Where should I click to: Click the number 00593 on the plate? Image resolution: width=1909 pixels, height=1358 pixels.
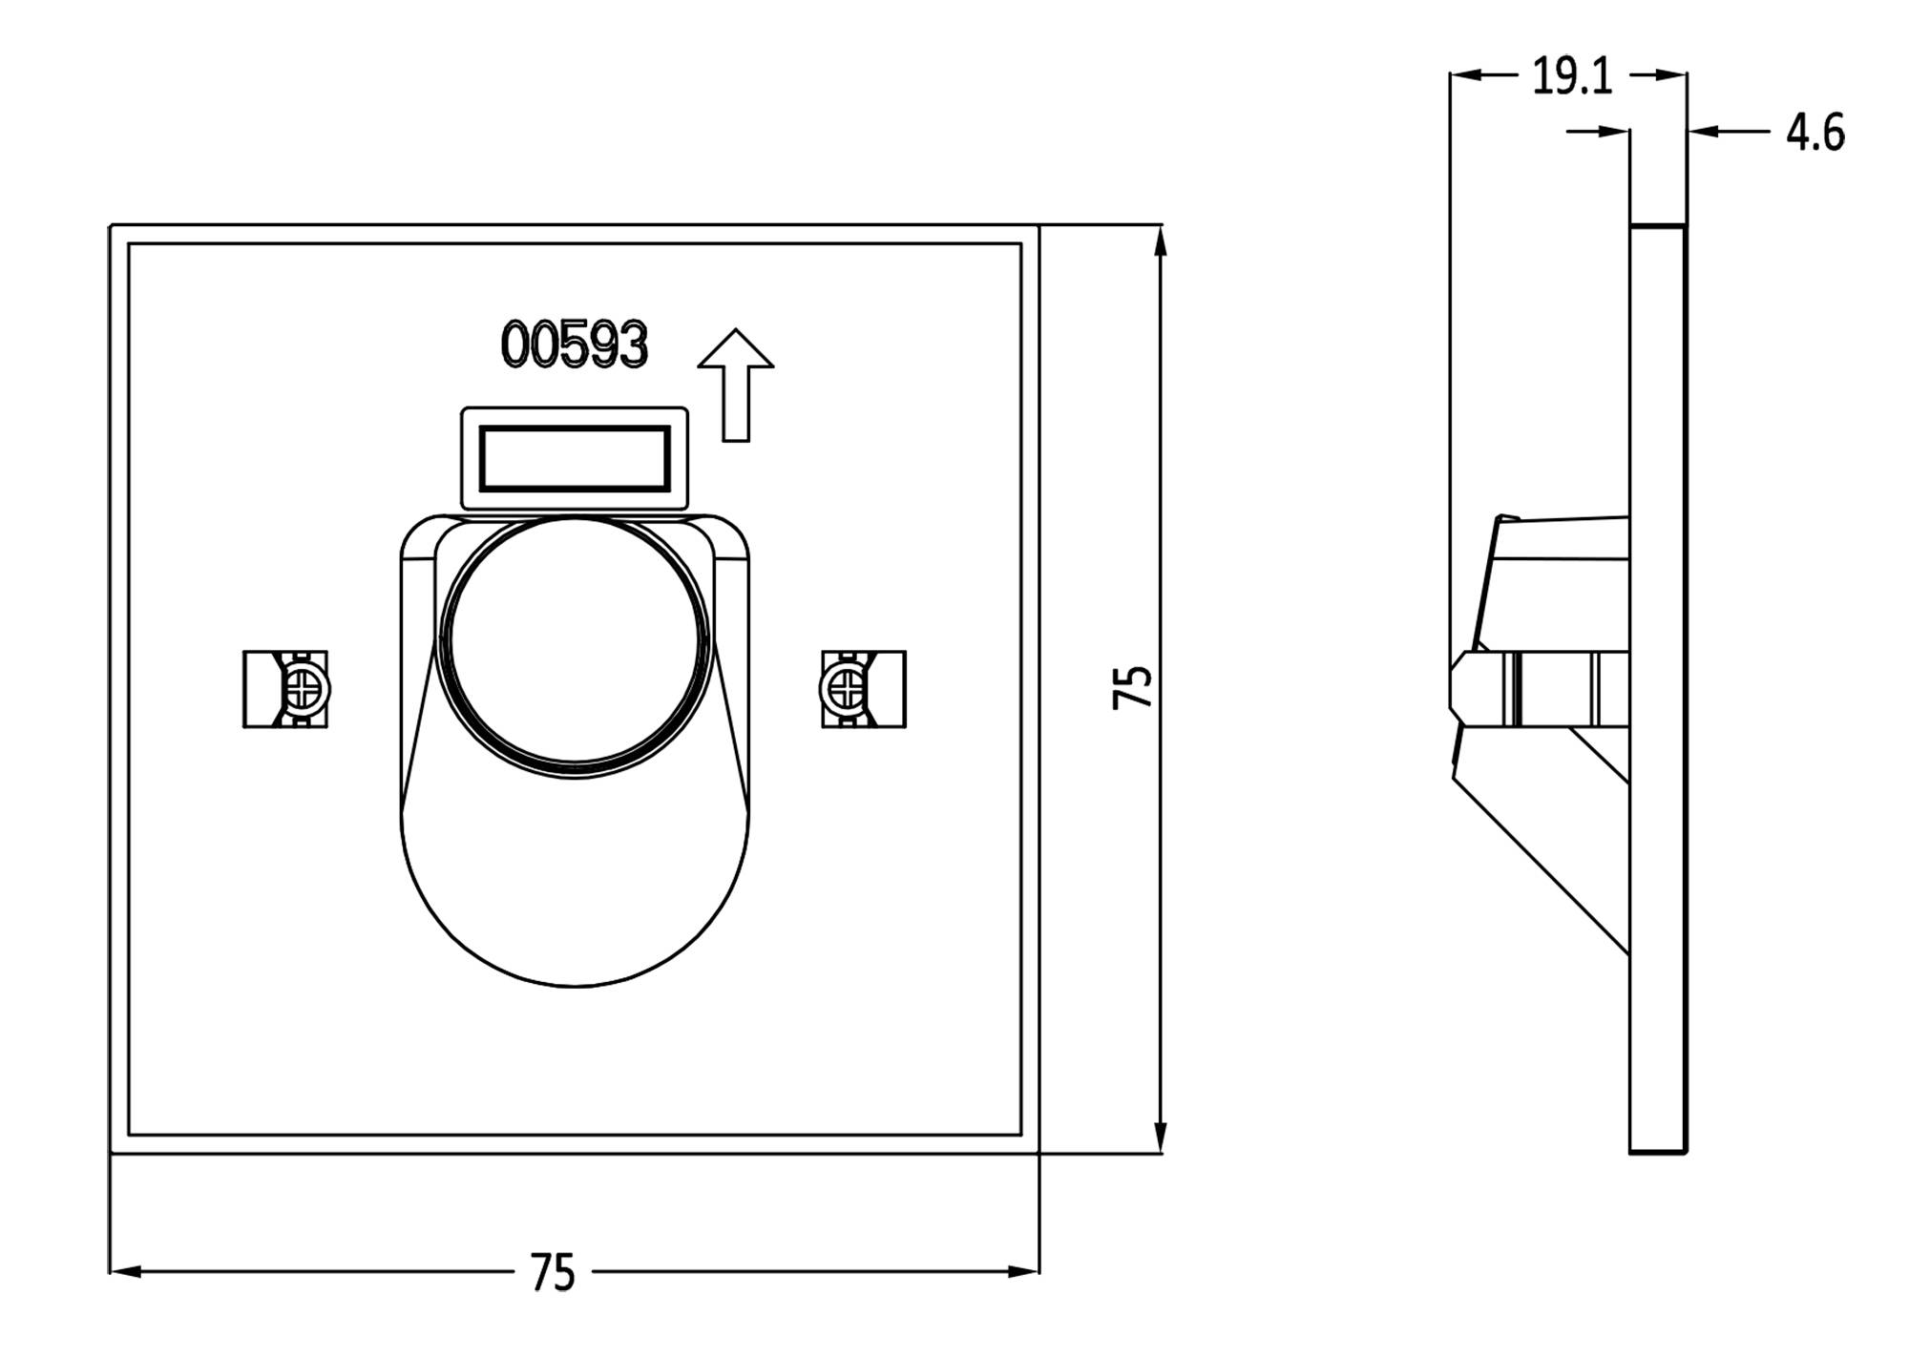pyautogui.click(x=574, y=345)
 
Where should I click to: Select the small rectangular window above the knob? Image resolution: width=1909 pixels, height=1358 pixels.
pyautogui.click(x=574, y=459)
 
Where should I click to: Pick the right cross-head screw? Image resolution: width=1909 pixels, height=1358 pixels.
pyautogui.click(x=844, y=689)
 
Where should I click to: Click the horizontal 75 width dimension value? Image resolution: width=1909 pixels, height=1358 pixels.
pyautogui.click(x=553, y=1273)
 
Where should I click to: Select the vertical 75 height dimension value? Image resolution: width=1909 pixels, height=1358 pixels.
pyautogui.click(x=1133, y=687)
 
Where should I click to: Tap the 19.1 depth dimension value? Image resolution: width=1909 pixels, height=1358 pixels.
pyautogui.click(x=1572, y=76)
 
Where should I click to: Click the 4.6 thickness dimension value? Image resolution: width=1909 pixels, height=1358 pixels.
pyautogui.click(x=1815, y=133)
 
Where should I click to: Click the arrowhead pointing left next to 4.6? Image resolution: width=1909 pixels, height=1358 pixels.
pyautogui.click(x=1702, y=131)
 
